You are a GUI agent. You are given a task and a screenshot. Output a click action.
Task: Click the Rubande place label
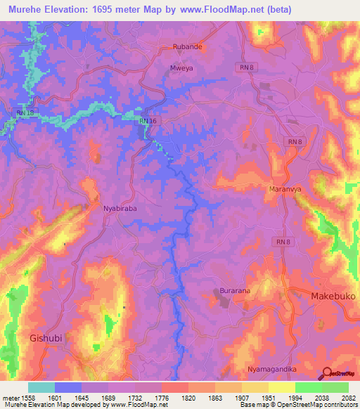188,48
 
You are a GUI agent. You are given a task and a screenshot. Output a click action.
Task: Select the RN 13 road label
24,112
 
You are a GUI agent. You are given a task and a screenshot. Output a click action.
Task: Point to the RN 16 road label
147,121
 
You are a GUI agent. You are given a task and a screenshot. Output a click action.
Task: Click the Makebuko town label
333,297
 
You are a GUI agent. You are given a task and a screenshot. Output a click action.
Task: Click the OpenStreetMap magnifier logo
326,373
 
